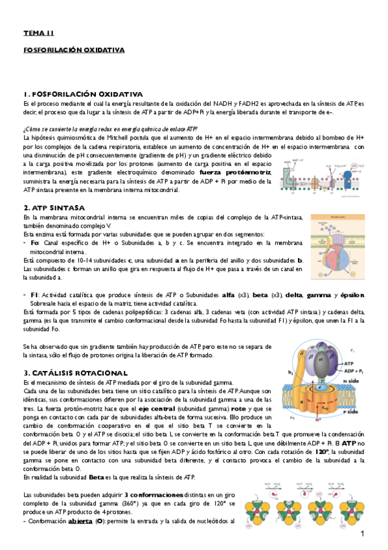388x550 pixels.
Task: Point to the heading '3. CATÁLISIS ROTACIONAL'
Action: click(x=75, y=374)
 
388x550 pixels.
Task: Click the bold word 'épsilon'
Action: click(x=350, y=294)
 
